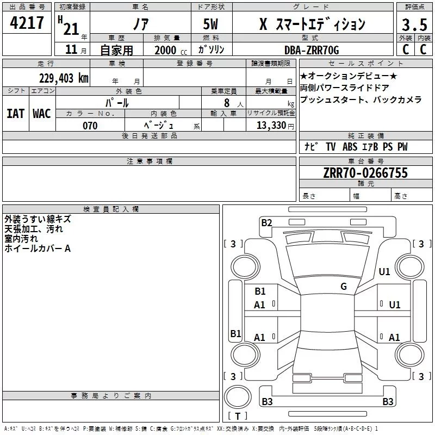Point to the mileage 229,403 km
(x=64, y=78)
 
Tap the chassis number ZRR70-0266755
(x=365, y=173)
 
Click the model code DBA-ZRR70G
(x=312, y=50)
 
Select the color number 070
(x=90, y=126)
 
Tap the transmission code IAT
(x=15, y=114)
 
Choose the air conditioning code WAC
(x=42, y=114)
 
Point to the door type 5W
(x=211, y=24)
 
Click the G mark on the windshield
(x=344, y=287)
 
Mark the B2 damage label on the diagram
(x=266, y=222)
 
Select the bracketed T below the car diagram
(x=237, y=416)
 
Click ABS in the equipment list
(x=350, y=147)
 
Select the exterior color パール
(x=117, y=103)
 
